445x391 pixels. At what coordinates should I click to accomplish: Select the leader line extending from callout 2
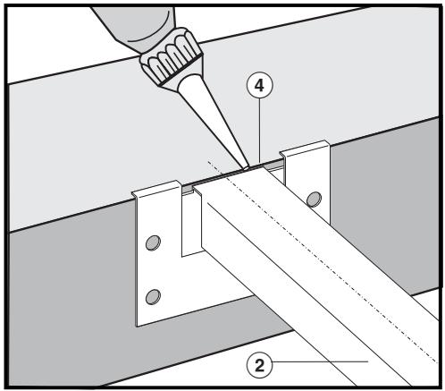click(x=322, y=362)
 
